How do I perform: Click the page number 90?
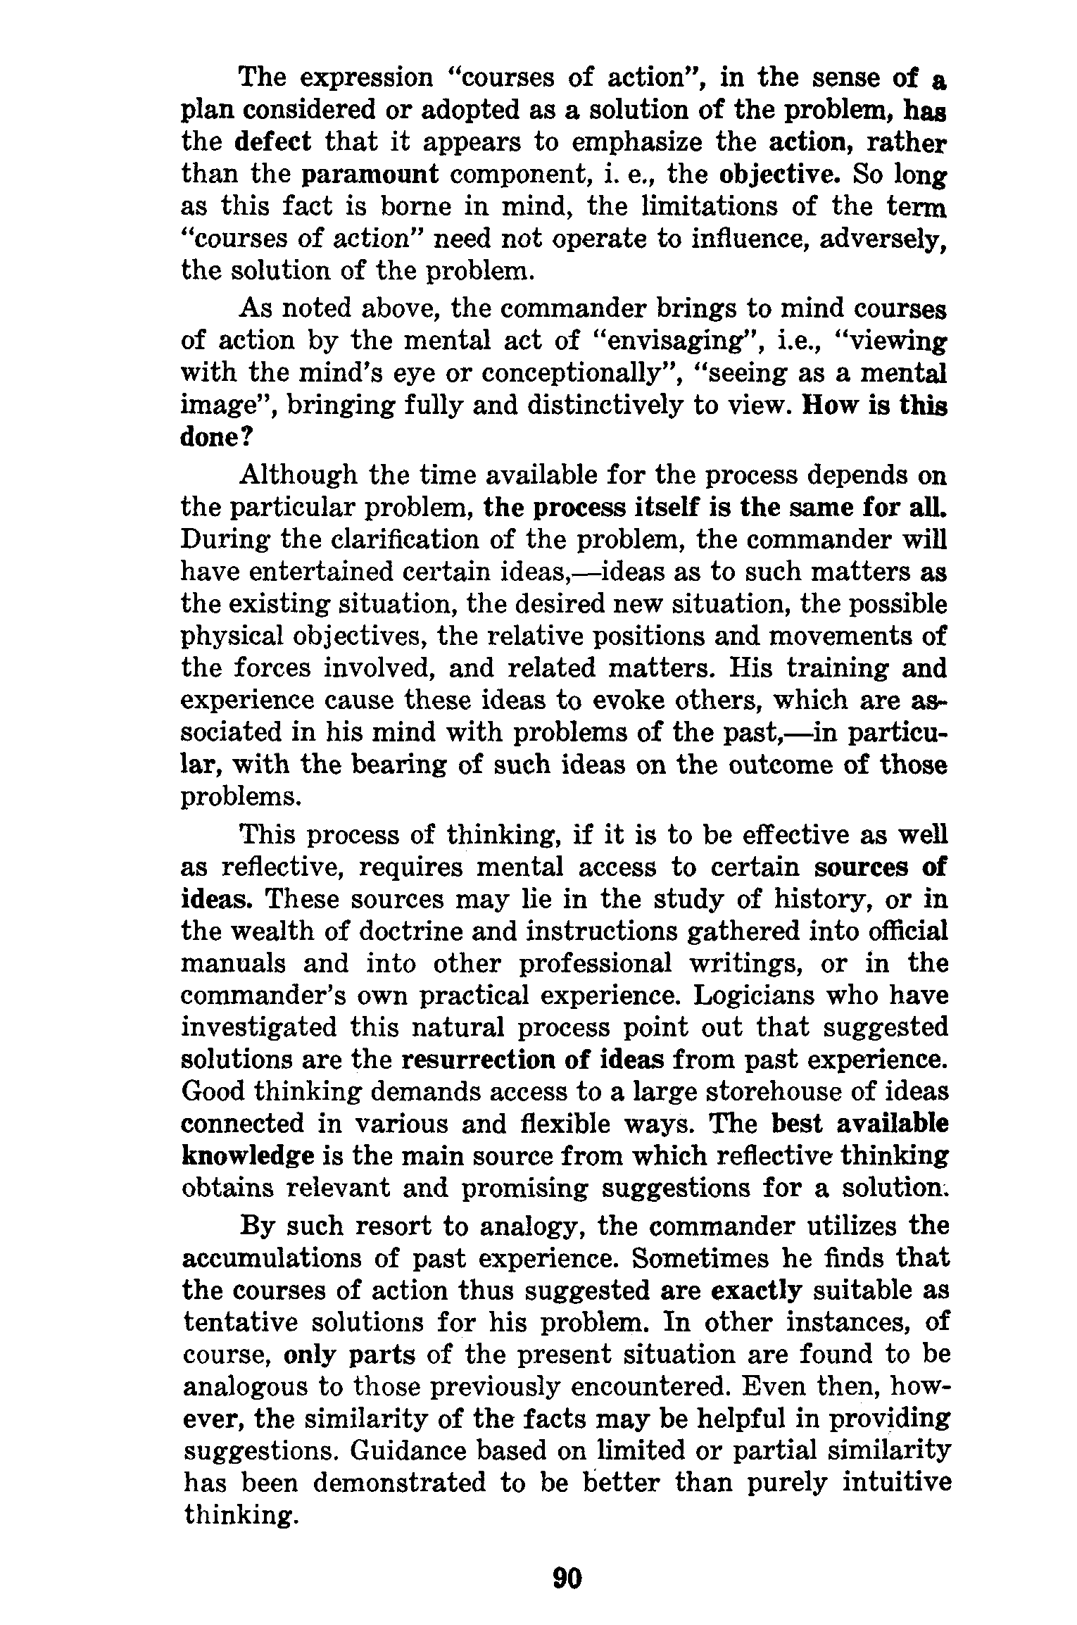[x=568, y=1579]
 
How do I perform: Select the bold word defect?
[x=272, y=142]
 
